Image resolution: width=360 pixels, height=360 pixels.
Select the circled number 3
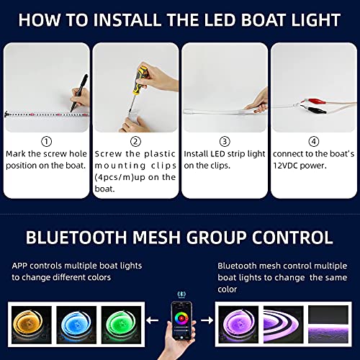(x=224, y=142)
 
